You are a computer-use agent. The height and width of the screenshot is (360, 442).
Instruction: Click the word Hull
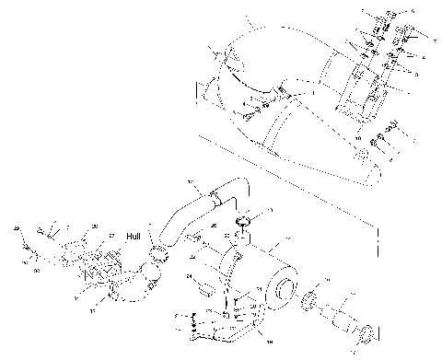pos(135,235)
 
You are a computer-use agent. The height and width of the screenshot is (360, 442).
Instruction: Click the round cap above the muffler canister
pos(245,221)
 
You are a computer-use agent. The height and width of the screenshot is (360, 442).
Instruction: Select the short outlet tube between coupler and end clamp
pos(342,319)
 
